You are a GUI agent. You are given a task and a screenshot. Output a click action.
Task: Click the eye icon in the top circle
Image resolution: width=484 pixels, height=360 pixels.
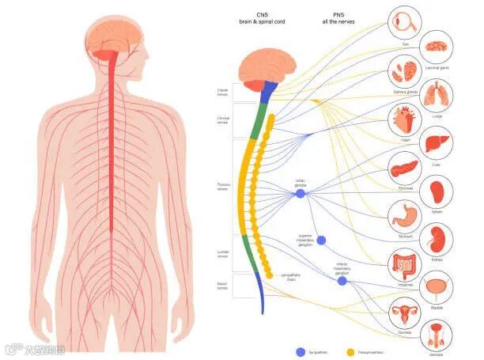click(404, 22)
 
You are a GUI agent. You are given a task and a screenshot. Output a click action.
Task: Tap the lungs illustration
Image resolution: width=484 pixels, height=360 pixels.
click(437, 95)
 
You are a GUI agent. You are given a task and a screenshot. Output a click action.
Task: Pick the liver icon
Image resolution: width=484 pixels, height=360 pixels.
click(436, 145)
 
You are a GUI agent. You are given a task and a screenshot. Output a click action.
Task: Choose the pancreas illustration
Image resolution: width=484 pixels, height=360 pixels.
click(404, 169)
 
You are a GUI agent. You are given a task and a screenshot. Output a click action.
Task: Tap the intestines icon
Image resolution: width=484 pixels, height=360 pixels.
click(404, 264)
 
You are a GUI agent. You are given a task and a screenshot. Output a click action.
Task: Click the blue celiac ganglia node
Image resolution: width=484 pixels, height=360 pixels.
click(300, 193)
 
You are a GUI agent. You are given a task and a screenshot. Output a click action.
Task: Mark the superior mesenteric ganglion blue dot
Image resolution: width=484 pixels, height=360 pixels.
click(321, 241)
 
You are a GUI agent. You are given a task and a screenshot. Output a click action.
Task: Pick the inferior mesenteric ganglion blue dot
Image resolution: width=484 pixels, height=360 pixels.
click(342, 281)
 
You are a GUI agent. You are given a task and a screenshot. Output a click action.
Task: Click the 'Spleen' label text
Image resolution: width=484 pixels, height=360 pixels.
click(437, 211)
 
